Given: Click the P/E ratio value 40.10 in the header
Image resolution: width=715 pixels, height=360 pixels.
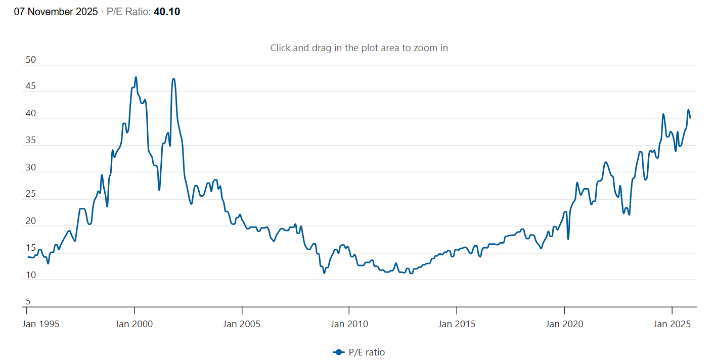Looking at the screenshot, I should point(166,12).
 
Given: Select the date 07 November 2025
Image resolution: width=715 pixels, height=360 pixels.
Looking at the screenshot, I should point(56,12).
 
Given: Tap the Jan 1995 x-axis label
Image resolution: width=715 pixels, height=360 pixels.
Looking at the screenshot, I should point(40,324).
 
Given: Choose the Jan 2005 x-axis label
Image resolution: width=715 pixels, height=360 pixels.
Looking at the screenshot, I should point(242,324).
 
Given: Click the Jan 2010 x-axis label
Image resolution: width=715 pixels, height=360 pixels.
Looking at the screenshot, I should point(349,324).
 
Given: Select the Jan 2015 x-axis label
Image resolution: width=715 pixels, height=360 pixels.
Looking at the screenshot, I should point(457,324).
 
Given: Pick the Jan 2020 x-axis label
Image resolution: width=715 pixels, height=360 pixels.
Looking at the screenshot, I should point(564,324).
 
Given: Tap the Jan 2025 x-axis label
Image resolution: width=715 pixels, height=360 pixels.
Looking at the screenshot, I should point(672,324).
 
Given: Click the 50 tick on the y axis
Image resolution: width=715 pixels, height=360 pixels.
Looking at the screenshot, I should point(31,60).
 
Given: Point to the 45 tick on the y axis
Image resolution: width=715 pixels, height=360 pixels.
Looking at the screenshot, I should point(31,86).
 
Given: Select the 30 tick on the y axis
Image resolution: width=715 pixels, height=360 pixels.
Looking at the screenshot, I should point(31,167).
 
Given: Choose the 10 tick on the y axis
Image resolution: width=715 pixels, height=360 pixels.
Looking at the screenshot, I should point(31,275).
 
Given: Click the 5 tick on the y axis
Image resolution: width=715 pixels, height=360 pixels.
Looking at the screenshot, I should point(28,301).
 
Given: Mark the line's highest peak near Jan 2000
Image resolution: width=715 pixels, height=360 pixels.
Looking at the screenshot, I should point(136,77).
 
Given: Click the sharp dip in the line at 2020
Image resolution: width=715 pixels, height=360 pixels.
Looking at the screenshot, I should point(568,239).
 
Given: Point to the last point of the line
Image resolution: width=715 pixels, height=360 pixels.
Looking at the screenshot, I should point(690,118).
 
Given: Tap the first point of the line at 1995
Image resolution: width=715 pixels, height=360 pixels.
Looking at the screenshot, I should point(28,257).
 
